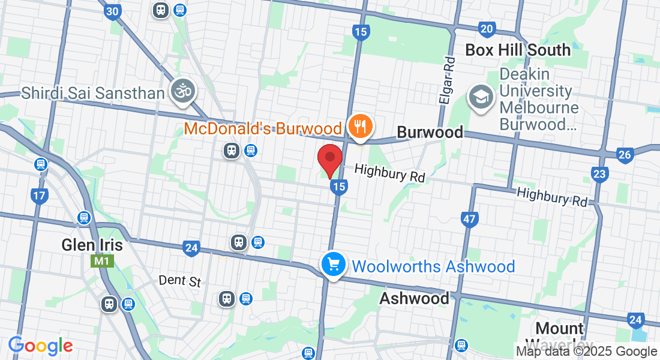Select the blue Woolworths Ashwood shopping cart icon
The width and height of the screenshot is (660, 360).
tap(332, 264)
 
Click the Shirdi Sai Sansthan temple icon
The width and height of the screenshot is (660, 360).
tap(182, 91)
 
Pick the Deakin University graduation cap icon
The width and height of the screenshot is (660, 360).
tap(481, 98)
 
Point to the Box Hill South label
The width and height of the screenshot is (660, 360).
tap(518, 50)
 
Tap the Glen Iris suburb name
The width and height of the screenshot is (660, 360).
tap(92, 245)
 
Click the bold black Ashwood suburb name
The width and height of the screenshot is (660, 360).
tap(414, 298)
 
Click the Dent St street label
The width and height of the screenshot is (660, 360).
tap(180, 281)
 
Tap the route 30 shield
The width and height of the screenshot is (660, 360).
tap(112, 11)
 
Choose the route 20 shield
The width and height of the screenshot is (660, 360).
tap(487, 28)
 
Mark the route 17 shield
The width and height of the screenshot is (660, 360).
tap(40, 196)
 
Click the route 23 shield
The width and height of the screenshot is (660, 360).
tap(599, 174)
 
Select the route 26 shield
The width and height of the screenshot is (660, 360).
tap(625, 155)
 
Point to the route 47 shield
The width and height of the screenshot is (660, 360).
tap(469, 219)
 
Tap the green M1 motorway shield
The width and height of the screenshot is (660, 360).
tap(99, 261)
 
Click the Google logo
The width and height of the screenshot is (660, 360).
tap(40, 346)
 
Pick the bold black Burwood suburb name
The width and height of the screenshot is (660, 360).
tap(430, 132)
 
